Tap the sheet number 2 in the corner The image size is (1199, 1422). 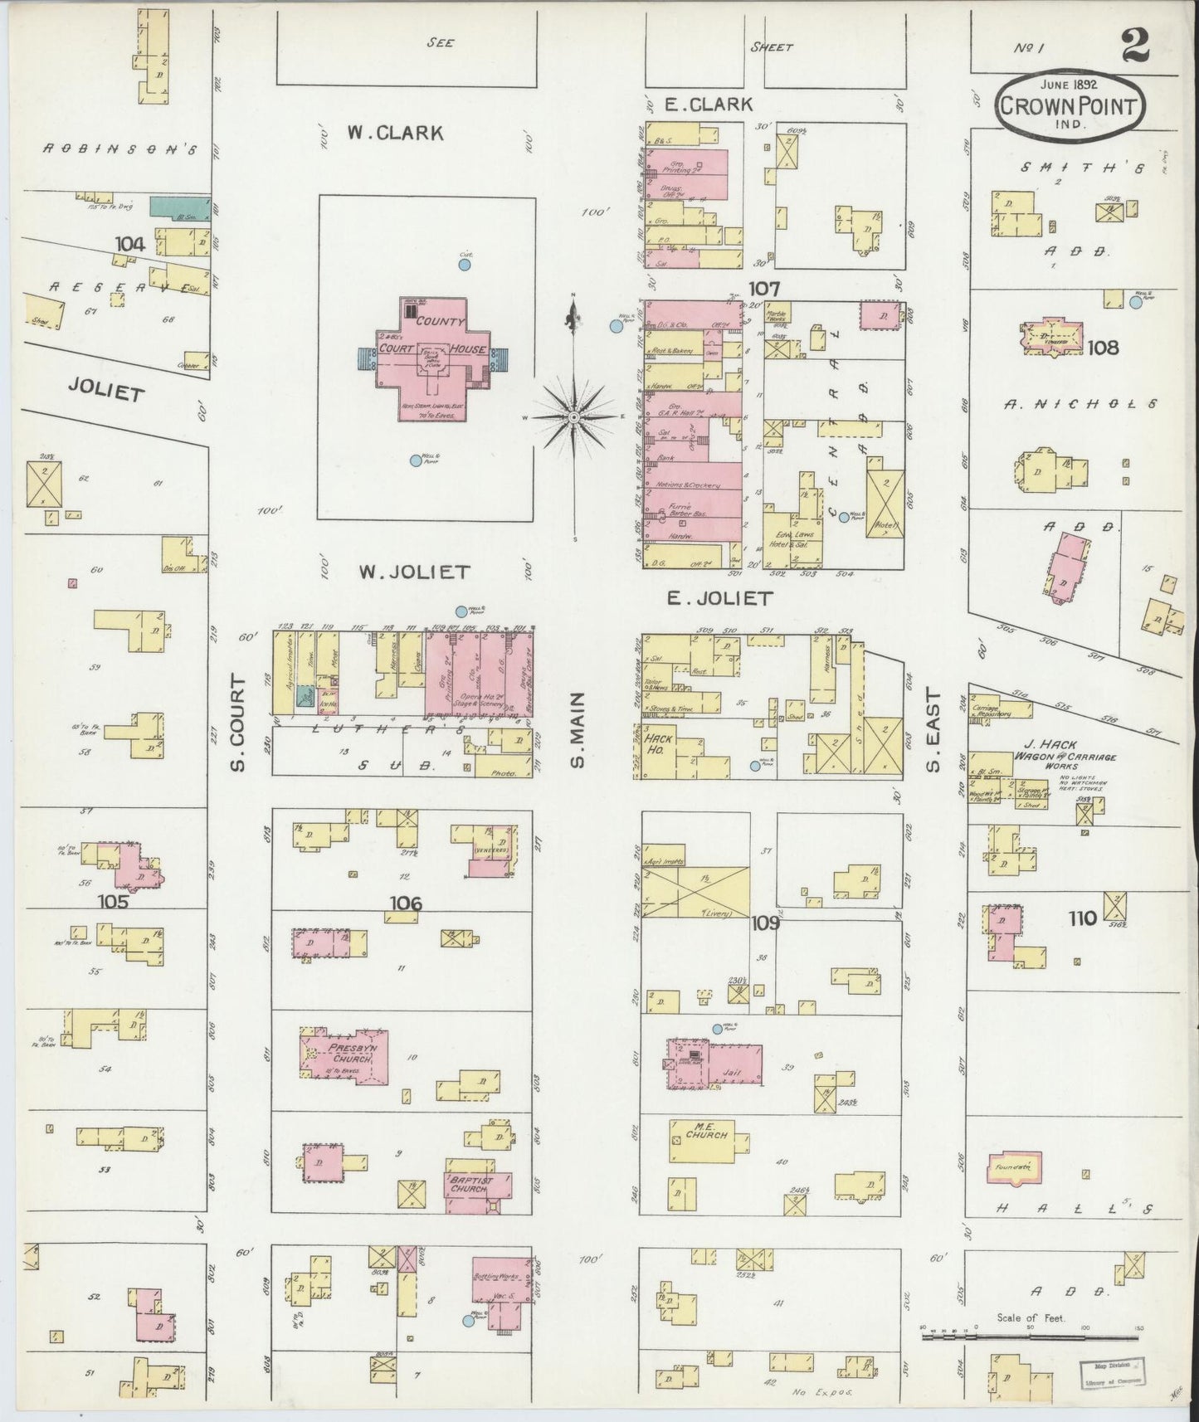tap(1135, 48)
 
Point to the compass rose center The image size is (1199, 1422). tap(573, 416)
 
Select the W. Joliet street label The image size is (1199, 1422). tap(414, 572)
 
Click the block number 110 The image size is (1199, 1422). tap(1081, 918)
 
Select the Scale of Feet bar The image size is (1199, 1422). tap(1032, 1337)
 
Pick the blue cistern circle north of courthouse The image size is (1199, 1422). tap(465, 265)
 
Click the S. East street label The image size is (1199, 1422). tap(933, 729)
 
